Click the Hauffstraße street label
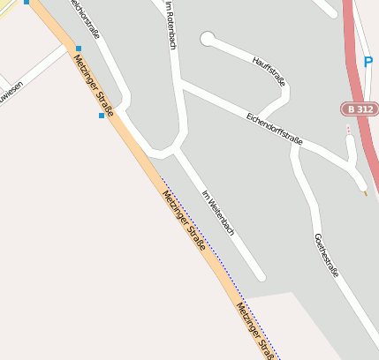[x=270, y=71]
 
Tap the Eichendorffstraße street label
[x=274, y=128]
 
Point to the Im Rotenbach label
[x=171, y=24]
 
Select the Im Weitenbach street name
[x=218, y=213]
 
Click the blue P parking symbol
[x=368, y=63]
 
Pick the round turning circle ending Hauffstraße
[x=208, y=39]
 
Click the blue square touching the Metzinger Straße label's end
[x=102, y=116]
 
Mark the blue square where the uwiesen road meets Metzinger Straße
[x=78, y=49]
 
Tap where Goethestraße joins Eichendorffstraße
[x=298, y=146]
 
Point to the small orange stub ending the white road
[x=365, y=191]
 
